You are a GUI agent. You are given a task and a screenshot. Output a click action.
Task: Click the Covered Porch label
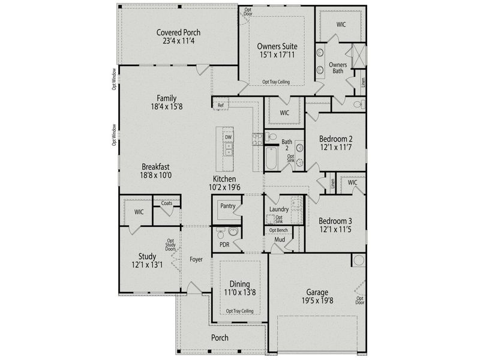tap(178, 32)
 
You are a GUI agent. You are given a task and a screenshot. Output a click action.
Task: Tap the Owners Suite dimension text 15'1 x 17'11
tap(277, 55)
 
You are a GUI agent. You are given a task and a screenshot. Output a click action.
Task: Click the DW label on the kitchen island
tap(229, 137)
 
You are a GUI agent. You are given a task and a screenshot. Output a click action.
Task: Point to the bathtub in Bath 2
tap(272, 158)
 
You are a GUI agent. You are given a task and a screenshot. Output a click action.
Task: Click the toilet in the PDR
tap(221, 235)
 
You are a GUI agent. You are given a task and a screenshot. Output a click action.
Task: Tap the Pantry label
tap(228, 206)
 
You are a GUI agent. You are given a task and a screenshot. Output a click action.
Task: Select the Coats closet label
tap(167, 203)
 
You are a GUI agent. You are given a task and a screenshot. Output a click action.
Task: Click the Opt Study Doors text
tap(170, 245)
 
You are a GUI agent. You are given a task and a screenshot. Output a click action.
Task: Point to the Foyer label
tap(196, 259)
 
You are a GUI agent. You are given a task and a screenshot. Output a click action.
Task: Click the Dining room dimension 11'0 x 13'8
tap(239, 292)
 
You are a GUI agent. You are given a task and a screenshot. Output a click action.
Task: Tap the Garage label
tap(317, 292)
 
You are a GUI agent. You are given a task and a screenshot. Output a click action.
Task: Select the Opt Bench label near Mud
tap(278, 230)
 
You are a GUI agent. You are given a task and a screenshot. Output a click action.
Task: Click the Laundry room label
tap(279, 209)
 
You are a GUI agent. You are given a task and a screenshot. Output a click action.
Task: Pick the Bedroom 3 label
tap(335, 221)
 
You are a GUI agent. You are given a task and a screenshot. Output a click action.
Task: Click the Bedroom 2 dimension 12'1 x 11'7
tap(336, 147)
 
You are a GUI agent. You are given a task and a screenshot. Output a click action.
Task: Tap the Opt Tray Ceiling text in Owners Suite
tap(276, 82)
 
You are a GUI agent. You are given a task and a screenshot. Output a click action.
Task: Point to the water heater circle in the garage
tap(358, 260)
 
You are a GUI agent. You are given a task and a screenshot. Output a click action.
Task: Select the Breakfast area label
tap(155, 167)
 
